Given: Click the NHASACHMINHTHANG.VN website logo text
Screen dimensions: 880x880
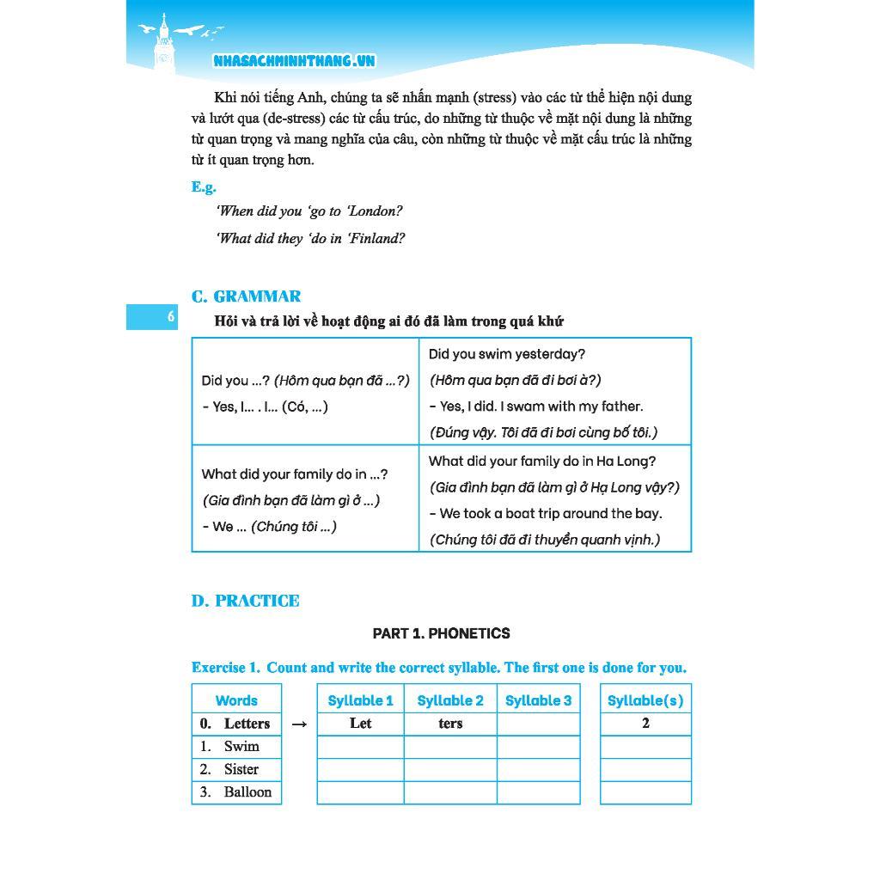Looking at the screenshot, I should coord(294,60).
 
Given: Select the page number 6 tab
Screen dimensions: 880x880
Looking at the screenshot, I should coord(152,317).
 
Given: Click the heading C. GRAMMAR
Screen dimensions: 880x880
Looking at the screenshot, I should coord(246,296).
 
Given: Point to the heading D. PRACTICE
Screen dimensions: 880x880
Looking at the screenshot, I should coord(245,601).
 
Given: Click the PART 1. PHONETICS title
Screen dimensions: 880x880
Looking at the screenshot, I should coord(441,633).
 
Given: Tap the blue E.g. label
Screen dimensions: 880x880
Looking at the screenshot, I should coord(204,186).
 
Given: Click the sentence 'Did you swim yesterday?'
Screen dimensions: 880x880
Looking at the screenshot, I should coord(506,354).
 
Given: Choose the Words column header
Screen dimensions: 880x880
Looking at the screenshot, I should coord(236,700).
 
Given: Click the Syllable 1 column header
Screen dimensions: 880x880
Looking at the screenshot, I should coord(360,700).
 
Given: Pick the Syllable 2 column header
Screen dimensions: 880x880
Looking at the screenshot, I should coord(450,700).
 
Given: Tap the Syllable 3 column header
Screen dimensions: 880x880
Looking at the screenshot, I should coord(538,700).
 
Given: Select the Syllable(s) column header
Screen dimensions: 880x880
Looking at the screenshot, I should coord(645,700).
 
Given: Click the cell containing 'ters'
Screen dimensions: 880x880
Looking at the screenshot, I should coord(450,724).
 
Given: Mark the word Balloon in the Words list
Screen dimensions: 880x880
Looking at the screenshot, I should coord(247,791).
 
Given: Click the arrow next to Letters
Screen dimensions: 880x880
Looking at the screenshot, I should coord(299,724).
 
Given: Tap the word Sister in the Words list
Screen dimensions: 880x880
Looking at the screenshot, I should coord(241,769).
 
